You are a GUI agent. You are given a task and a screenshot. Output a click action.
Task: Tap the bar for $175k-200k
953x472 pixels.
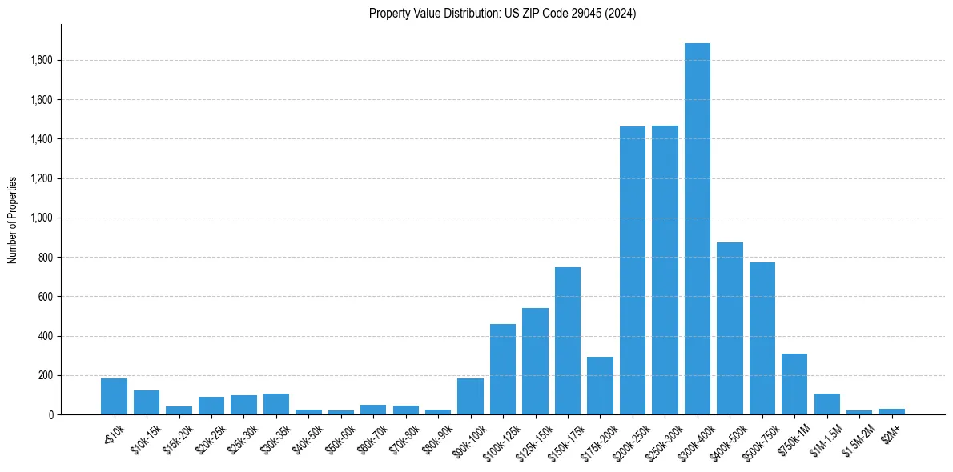600,386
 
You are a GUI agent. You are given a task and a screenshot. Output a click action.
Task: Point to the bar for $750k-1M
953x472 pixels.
794,384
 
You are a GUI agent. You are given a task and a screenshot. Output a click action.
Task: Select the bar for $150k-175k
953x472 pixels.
568,341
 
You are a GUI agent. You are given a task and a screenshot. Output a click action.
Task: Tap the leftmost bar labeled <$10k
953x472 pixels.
114,396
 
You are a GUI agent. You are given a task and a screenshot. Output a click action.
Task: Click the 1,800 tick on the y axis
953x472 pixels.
42,60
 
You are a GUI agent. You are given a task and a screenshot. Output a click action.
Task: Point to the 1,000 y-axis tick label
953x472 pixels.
42,218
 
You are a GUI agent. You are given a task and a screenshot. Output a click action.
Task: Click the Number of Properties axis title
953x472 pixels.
13,219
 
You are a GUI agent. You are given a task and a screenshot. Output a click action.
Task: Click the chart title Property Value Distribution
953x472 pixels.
503,14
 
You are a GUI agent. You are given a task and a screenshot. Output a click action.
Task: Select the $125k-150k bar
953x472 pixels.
535,361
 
